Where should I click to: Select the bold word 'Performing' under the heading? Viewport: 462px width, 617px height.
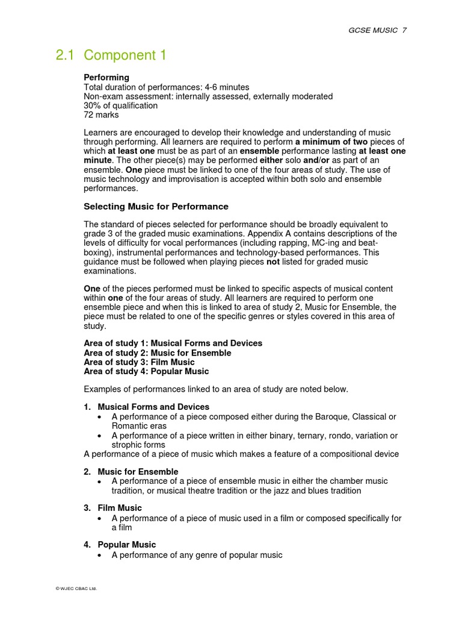(106, 78)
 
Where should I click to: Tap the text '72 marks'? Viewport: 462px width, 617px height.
(101, 114)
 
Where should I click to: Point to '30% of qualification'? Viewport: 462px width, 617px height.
(120, 105)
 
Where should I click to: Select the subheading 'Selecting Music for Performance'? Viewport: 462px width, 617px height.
(156, 207)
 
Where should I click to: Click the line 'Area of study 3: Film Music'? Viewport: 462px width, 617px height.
(139, 362)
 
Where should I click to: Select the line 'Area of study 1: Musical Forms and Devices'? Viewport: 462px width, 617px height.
(173, 343)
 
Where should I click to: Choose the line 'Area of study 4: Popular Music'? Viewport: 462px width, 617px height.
(146, 372)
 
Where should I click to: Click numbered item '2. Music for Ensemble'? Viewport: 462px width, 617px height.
(131, 472)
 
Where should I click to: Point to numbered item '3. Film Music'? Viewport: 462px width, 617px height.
(113, 509)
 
